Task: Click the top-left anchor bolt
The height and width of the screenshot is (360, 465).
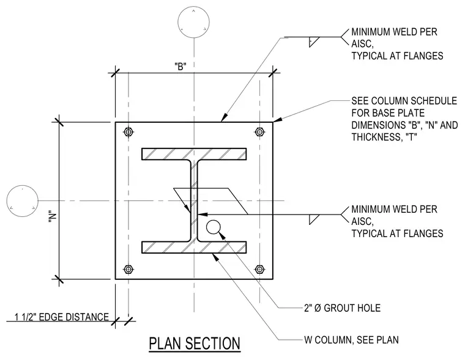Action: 128,131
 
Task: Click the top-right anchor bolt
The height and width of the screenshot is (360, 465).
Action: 260,131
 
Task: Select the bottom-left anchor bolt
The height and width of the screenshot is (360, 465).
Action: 128,270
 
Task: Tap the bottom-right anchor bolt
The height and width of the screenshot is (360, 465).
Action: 260,270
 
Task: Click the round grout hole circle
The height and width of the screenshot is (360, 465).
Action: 214,227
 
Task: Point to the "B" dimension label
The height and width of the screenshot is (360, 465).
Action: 180,67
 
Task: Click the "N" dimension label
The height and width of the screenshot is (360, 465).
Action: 52,219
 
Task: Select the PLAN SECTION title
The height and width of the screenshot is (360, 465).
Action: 195,343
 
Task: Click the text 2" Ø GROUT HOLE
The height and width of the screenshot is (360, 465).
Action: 342,308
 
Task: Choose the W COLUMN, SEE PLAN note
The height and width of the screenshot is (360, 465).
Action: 351,340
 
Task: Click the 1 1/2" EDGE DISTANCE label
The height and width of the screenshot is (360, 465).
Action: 62,317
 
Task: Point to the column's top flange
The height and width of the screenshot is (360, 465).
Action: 194,154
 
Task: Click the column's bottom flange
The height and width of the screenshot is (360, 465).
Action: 194,248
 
